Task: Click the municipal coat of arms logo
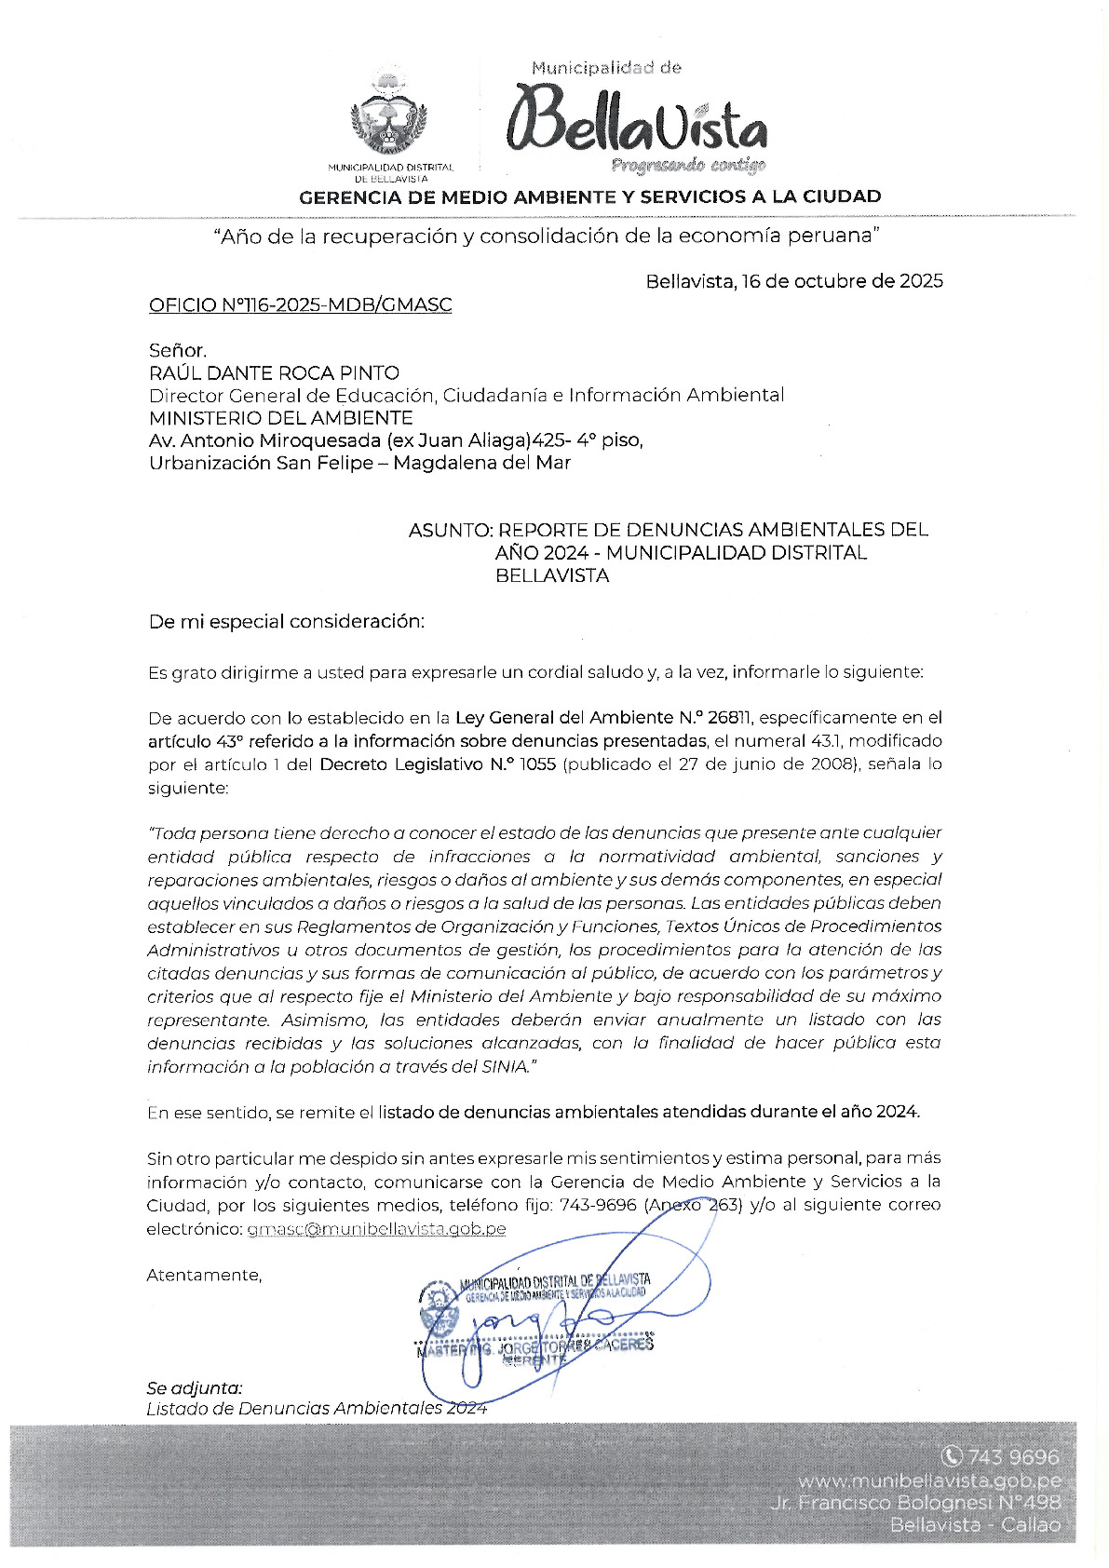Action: (x=389, y=113)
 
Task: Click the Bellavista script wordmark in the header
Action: (x=638, y=121)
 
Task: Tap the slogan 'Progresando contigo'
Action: (x=688, y=166)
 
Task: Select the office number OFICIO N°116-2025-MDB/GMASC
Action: (x=300, y=304)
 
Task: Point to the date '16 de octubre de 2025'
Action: (x=842, y=280)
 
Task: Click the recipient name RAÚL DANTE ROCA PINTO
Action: (x=274, y=372)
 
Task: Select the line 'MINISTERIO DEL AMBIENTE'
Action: (x=280, y=417)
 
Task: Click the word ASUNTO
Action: (x=449, y=530)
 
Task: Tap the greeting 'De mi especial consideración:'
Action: (x=286, y=621)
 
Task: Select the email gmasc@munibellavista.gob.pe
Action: (x=376, y=1228)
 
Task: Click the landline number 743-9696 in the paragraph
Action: (x=597, y=1205)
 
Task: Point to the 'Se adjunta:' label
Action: (x=194, y=1387)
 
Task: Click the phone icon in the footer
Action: (x=952, y=1455)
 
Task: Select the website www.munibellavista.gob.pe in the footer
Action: (x=928, y=1480)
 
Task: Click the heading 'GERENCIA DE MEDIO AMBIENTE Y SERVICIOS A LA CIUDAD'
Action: (x=589, y=196)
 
